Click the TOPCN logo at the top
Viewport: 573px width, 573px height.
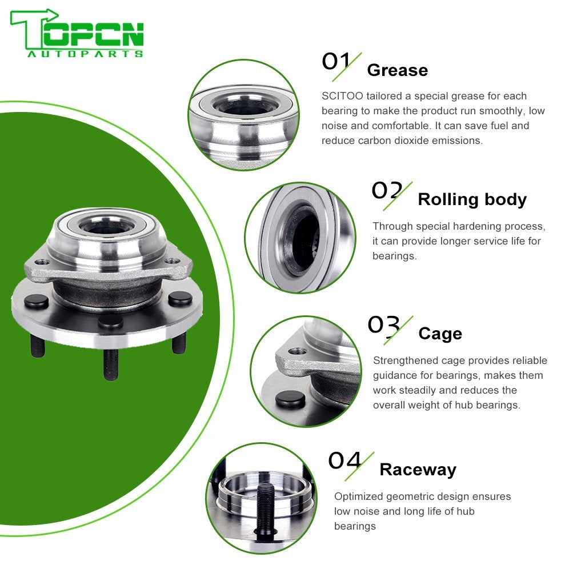(x=77, y=33)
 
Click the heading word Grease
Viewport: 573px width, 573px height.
(x=397, y=70)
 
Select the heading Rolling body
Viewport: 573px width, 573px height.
(x=472, y=199)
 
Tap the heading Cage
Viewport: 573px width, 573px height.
(x=440, y=334)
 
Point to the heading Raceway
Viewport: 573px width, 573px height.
(x=418, y=470)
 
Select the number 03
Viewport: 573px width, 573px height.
(x=383, y=325)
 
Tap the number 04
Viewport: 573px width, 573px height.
(x=345, y=460)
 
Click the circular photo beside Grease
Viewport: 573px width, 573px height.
(x=243, y=114)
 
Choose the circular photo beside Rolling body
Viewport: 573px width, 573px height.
(x=300, y=237)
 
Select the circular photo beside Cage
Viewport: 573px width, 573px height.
(x=306, y=371)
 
